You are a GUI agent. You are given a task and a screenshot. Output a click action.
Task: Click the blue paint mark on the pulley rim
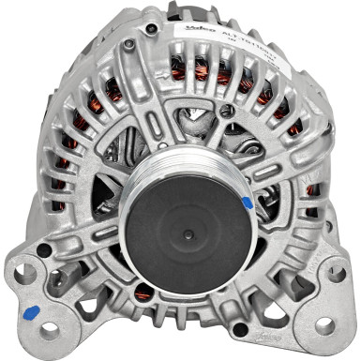pos(247,202)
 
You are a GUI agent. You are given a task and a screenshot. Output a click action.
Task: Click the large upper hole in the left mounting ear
pos(27,275)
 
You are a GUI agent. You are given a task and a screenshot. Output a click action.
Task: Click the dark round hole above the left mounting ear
pos(44,249)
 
